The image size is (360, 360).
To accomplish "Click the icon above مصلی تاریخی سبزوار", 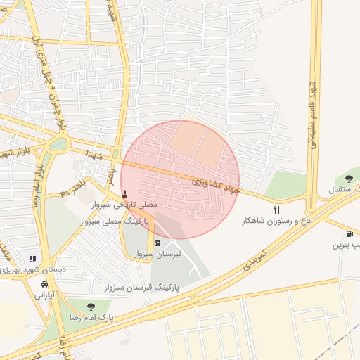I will pos(125,193).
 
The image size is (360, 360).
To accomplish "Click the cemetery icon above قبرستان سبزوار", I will pos(157,243).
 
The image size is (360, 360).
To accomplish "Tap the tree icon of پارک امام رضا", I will pos(91,306).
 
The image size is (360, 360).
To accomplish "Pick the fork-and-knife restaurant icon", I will pos(276,210).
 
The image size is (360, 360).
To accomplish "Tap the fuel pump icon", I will pos(349,234).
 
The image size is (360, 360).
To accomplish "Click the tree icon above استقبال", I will pos(349,179).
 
